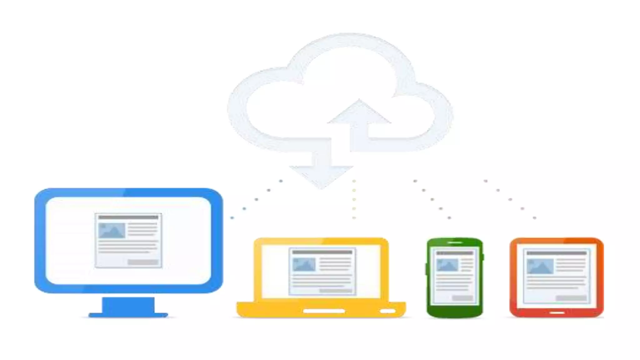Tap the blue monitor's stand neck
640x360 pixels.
(x=128, y=304)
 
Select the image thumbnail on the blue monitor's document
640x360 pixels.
(x=112, y=231)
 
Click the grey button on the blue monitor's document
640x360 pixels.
(x=143, y=262)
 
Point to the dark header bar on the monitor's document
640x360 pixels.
(x=128, y=217)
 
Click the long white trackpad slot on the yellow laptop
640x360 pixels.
(x=324, y=311)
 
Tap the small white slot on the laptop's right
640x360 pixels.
(x=388, y=311)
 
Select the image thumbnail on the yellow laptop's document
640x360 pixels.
(x=304, y=265)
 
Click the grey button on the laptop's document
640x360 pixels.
(x=335, y=291)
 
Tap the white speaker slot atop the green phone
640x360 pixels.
(x=455, y=242)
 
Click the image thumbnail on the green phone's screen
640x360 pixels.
(x=447, y=265)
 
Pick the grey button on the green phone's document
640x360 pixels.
(x=462, y=298)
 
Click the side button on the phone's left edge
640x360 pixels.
(x=426, y=269)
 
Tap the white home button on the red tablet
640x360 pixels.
(x=557, y=312)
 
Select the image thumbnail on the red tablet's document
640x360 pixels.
(x=540, y=266)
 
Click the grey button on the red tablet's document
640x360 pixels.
(x=571, y=298)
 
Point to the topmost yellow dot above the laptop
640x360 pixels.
(x=354, y=181)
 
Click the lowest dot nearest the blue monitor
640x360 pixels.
(x=232, y=217)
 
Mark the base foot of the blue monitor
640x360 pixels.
(x=128, y=315)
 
